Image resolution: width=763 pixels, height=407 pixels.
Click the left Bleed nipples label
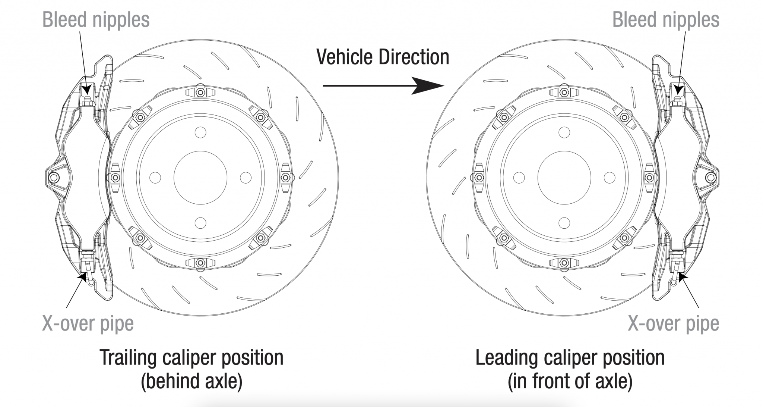pyautogui.click(x=96, y=19)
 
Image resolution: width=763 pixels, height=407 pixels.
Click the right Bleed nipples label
pyautogui.click(x=665, y=19)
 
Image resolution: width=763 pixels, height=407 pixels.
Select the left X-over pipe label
pyautogui.click(x=88, y=323)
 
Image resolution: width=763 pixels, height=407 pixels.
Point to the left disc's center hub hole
pyautogui.click(x=200, y=178)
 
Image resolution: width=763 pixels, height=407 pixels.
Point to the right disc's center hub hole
pyautogui.click(x=564, y=178)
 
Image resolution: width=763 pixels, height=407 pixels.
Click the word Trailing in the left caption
pyautogui.click(x=129, y=357)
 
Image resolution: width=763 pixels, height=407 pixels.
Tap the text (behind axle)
pyautogui.click(x=191, y=381)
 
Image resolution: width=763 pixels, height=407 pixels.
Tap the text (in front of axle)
pyautogui.click(x=570, y=381)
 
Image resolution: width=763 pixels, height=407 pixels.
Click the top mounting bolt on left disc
pyautogui.click(x=200, y=91)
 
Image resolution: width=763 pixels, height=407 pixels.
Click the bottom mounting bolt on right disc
pyautogui.click(x=564, y=263)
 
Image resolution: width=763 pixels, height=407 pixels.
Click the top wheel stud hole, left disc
pyautogui.click(x=200, y=132)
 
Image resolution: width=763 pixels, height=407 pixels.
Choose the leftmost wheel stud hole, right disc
pyautogui.click(x=519, y=178)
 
